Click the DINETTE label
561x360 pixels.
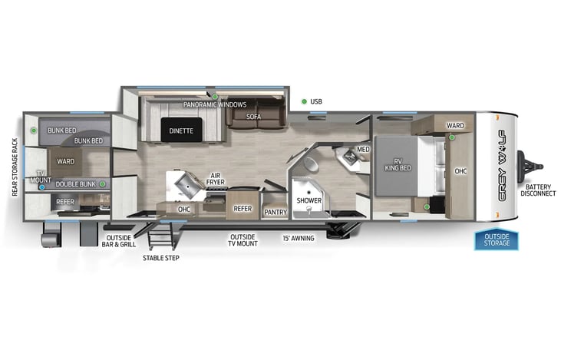coord(182,131)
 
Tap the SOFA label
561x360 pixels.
coord(254,117)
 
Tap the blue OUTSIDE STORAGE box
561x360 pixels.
coord(497,240)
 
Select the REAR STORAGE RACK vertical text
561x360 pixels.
coord(14,167)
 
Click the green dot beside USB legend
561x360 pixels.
coord(304,101)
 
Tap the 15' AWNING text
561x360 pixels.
coord(299,238)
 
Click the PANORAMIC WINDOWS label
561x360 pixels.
coord(215,104)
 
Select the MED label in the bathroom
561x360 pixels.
coord(363,149)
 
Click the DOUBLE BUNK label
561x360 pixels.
coord(74,185)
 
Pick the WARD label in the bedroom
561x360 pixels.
coord(455,125)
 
